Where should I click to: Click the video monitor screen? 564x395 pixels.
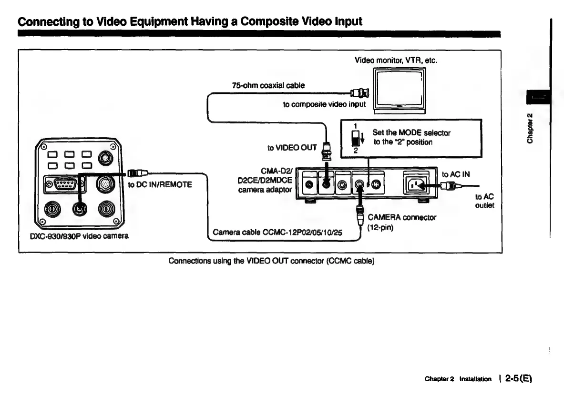(399, 89)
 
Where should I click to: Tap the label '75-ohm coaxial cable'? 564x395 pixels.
(268, 85)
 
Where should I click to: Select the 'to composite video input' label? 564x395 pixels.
(324, 104)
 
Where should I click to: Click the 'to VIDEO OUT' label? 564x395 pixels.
(292, 147)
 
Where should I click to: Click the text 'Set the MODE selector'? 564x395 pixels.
(411, 132)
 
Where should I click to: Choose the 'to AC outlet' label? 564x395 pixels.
(484, 201)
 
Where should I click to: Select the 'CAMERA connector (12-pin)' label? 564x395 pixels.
(401, 222)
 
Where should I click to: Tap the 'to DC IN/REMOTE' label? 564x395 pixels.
(160, 184)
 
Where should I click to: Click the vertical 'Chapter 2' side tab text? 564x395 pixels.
(529, 129)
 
